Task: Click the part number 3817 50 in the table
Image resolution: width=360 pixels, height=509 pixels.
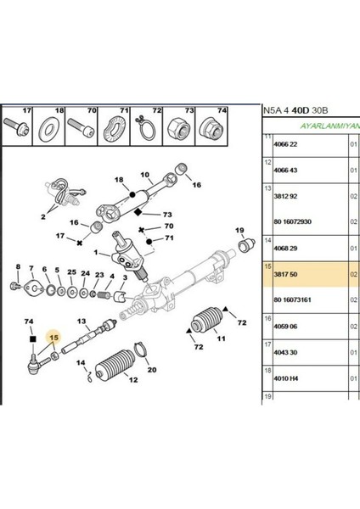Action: click(x=284, y=274)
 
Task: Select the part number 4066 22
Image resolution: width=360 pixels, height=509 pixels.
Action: click(x=284, y=145)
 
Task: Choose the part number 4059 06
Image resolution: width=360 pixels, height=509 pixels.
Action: click(x=284, y=324)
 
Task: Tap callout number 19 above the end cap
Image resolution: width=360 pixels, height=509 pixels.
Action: click(x=239, y=231)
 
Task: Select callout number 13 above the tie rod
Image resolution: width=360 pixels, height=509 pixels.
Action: click(x=83, y=322)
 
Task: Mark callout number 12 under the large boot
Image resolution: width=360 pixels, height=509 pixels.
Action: click(x=132, y=404)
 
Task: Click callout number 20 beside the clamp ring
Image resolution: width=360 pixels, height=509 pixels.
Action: click(x=152, y=370)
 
